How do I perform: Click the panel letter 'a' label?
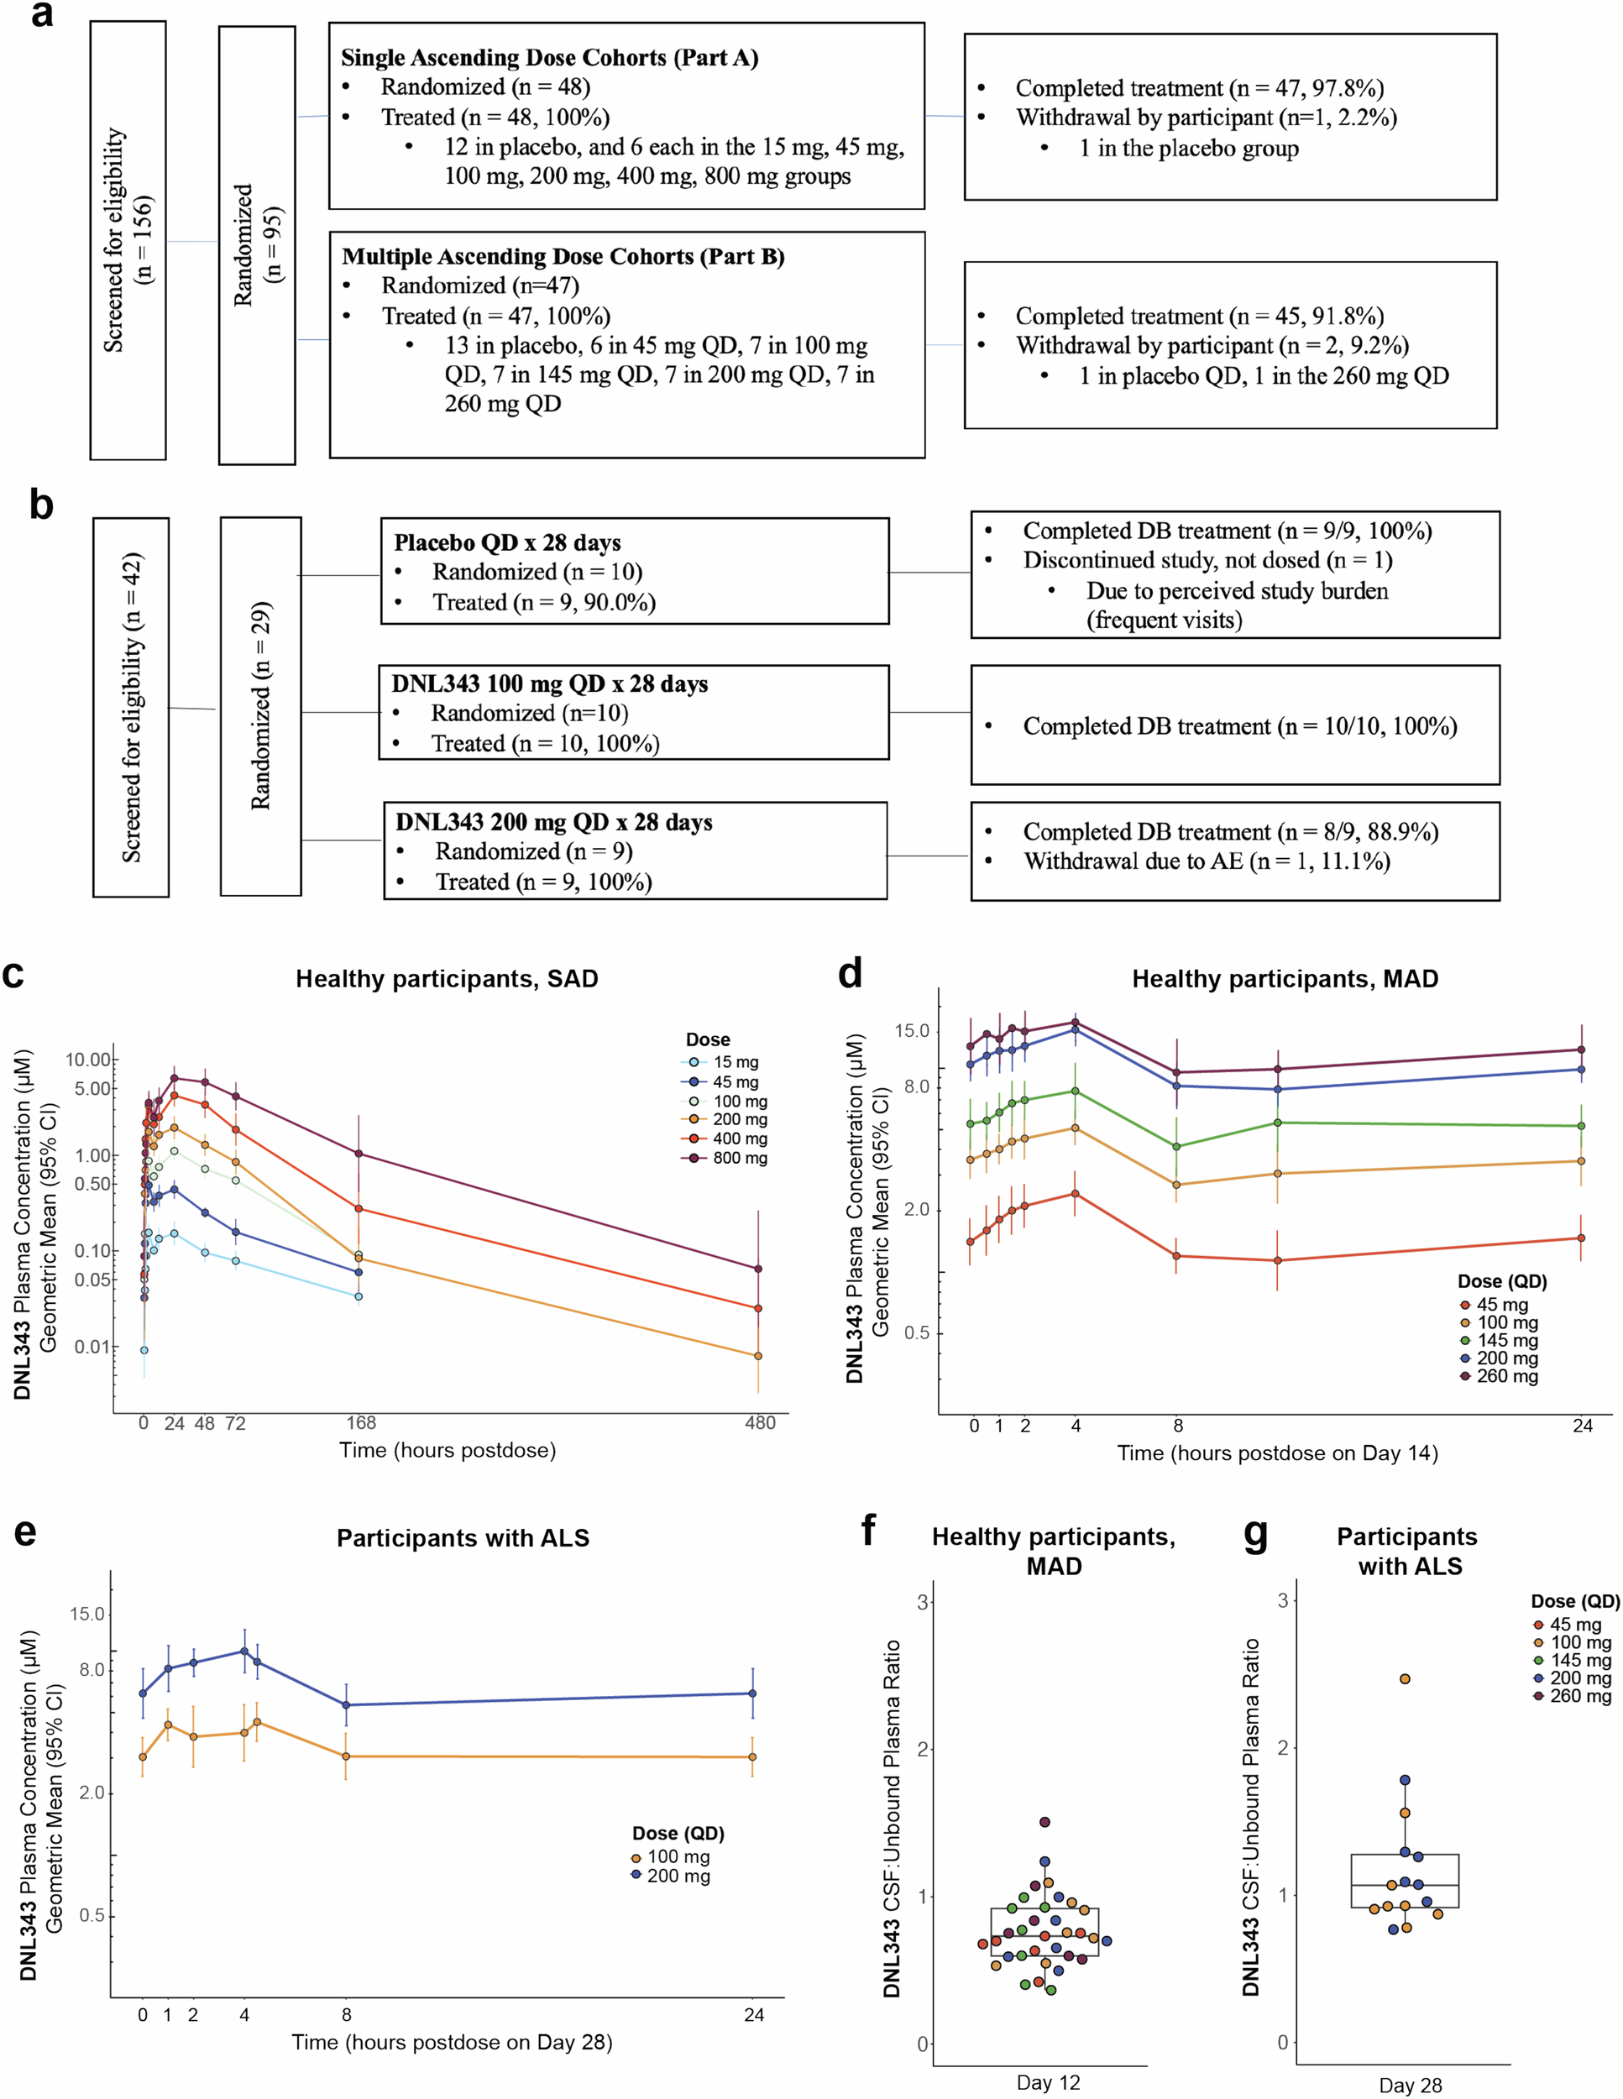(41, 14)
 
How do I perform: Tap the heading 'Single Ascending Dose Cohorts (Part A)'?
(550, 58)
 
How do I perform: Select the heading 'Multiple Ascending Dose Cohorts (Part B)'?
(563, 257)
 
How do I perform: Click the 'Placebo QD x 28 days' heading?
(507, 542)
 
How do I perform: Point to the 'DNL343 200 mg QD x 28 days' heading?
(553, 822)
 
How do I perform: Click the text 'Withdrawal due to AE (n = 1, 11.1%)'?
(1206, 861)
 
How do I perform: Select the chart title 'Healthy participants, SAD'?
(447, 978)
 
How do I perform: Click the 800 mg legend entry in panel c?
(738, 1158)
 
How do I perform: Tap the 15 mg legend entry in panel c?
(734, 1062)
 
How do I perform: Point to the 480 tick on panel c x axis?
(759, 1423)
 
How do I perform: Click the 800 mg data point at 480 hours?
(758, 1269)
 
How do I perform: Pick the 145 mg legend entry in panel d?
(1505, 1341)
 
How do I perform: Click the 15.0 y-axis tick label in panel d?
(911, 1030)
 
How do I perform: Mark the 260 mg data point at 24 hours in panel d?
(1582, 1049)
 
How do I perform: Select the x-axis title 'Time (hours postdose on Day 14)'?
(1277, 1453)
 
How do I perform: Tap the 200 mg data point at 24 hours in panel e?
(752, 1693)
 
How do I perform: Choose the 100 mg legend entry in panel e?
(676, 1857)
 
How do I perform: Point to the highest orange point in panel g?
(1405, 1679)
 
